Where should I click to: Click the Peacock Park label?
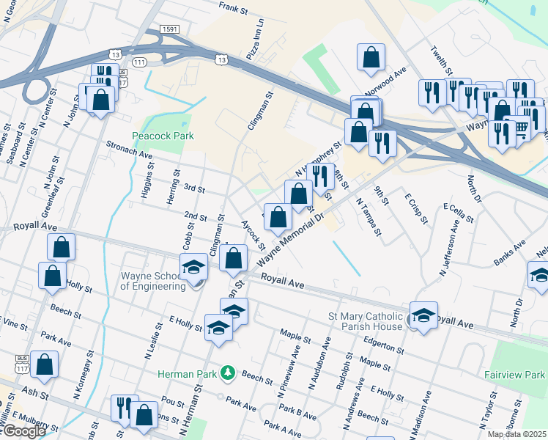pyautogui.click(x=161, y=136)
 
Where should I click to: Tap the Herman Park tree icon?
pyautogui.click(x=229, y=373)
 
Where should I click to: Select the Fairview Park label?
pyautogui.click(x=514, y=374)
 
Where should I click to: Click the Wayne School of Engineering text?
pyautogui.click(x=152, y=282)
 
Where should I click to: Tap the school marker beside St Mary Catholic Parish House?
pyautogui.click(x=424, y=315)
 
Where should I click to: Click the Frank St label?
pyautogui.click(x=235, y=6)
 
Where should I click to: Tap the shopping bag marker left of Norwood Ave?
pyautogui.click(x=371, y=56)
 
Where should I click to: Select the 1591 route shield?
pyautogui.click(x=169, y=29)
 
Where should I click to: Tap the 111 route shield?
pyautogui.click(x=137, y=62)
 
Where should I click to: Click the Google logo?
pyautogui.click(x=23, y=430)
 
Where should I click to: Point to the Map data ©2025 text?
pyautogui.click(x=516, y=434)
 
